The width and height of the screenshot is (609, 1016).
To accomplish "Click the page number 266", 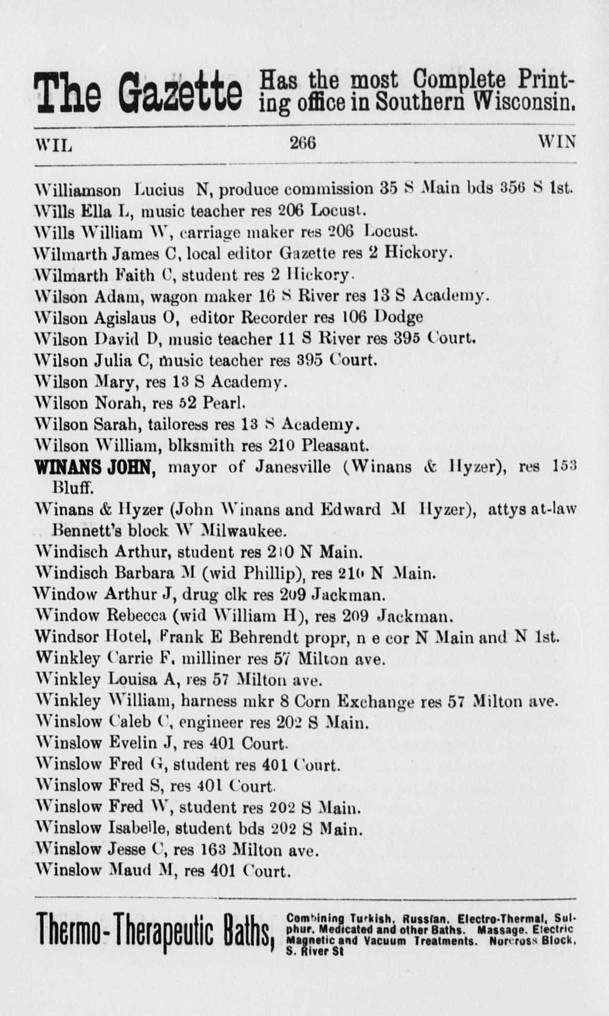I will coord(303,144).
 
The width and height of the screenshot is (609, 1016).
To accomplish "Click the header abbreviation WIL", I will coord(53,145).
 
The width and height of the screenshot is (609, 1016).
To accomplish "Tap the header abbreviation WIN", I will coord(557,142).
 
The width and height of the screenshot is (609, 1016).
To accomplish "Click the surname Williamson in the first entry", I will coord(78,189).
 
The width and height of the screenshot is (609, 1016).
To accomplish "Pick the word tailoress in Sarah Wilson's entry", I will coord(178,425).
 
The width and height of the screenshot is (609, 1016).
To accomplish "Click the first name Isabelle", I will coord(139,828).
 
